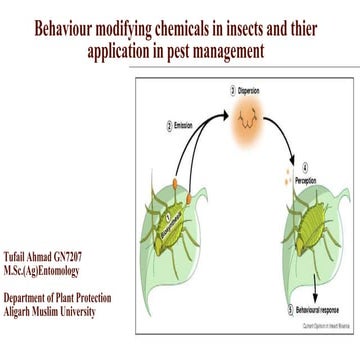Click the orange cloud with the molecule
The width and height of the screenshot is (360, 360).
point(250,128)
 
